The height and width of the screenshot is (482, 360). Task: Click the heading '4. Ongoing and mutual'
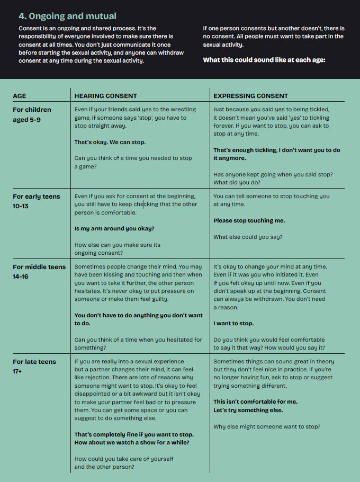pyautogui.click(x=67, y=16)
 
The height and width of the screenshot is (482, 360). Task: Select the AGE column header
pyautogui.click(x=19, y=96)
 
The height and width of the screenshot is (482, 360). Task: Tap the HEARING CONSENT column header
pyautogui.click(x=105, y=96)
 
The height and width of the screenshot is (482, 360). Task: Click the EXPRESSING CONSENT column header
pyautogui.click(x=250, y=96)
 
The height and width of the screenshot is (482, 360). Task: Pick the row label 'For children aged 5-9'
pyautogui.click(x=32, y=114)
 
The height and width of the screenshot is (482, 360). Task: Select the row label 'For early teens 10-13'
pyautogui.click(x=33, y=201)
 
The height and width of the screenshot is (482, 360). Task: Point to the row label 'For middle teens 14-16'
pyautogui.click(x=39, y=271)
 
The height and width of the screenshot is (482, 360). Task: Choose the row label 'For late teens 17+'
pyautogui.click(x=34, y=366)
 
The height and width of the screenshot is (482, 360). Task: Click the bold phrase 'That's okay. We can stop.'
pyautogui.click(x=110, y=142)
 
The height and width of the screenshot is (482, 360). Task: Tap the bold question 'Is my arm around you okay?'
pyautogui.click(x=114, y=229)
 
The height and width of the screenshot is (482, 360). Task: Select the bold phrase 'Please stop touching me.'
pyautogui.click(x=249, y=220)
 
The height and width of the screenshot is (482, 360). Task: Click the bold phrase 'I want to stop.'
pyautogui.click(x=233, y=323)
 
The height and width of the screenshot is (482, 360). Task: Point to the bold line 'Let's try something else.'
pyautogui.click(x=248, y=410)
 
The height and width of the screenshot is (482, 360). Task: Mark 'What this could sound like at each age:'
pyautogui.click(x=264, y=60)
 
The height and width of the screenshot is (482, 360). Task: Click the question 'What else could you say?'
pyautogui.click(x=247, y=237)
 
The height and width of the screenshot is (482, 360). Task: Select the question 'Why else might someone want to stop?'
pyautogui.click(x=266, y=426)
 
